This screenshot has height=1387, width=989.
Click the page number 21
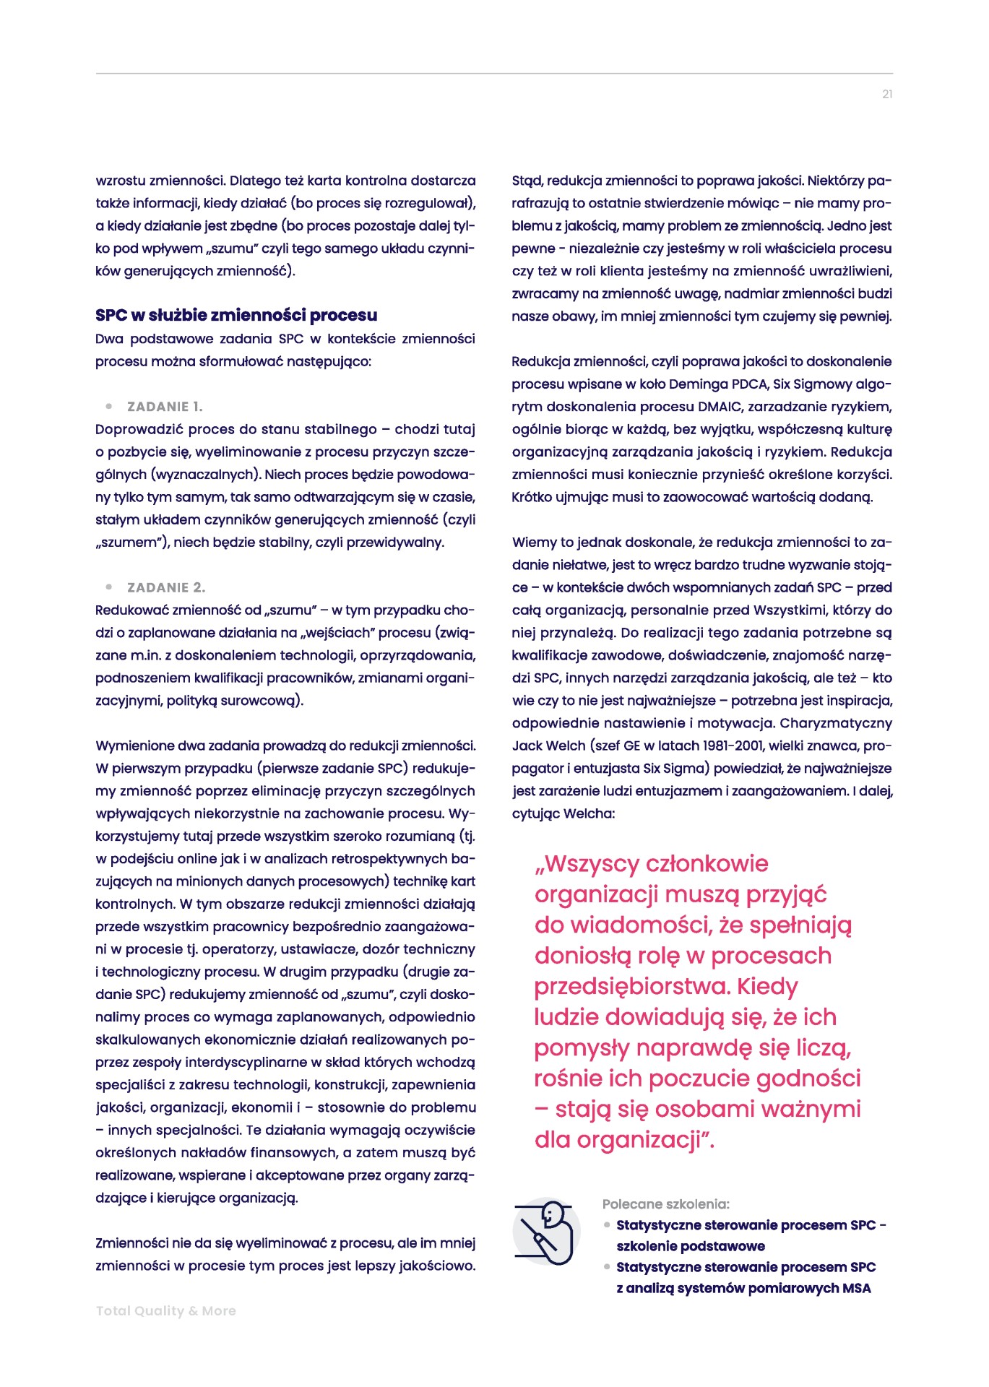887,94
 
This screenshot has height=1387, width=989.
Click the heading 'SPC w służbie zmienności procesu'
236,315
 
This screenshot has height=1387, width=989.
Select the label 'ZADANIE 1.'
165,407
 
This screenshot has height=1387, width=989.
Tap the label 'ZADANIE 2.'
166,587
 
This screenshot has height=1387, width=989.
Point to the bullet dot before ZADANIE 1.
109,406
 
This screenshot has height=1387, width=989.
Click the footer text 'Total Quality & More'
166,1310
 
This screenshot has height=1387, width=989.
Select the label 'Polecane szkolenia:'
665,1204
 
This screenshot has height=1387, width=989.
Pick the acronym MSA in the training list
857,1288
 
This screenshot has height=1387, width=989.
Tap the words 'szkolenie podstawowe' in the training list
690,1246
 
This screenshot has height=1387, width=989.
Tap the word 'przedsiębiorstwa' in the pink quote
631,987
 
